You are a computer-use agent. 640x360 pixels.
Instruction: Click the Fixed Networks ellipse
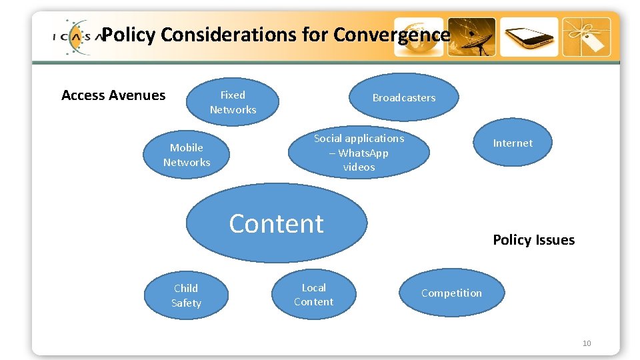233,102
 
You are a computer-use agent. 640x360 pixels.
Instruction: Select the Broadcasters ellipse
404,97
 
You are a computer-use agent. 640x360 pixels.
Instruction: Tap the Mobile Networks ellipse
187,155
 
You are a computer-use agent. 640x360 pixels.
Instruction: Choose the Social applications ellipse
359,152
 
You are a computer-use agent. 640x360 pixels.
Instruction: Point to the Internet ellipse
513,143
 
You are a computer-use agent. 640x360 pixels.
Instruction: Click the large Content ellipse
276,223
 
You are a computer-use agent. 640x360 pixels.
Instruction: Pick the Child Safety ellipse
186,295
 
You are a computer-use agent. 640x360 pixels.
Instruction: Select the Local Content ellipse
313,295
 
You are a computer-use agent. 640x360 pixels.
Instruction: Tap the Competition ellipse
451,293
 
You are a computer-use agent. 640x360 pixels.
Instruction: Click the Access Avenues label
113,95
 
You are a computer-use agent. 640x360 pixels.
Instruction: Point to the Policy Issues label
533,240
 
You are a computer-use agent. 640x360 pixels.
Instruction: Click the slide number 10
587,343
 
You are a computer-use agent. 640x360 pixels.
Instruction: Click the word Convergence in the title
392,34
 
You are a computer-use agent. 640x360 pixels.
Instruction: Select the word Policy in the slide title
129,34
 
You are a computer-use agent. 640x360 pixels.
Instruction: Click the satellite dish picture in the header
471,37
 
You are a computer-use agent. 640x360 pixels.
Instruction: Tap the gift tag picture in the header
586,37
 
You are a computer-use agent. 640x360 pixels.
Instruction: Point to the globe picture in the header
418,37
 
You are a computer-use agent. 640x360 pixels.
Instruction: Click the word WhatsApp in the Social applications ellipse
363,153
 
